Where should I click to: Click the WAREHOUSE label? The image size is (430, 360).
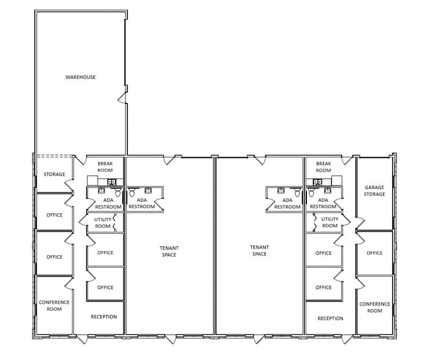[x=80, y=77]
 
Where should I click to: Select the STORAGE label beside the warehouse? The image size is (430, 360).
[x=54, y=174]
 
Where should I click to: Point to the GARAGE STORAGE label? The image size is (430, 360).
[x=374, y=190]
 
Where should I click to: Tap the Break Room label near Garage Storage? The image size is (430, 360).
[x=323, y=167]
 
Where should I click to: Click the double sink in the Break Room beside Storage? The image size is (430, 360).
[x=112, y=182]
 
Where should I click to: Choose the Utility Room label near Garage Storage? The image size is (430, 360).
[x=330, y=222]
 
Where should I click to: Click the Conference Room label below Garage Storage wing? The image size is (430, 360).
[x=374, y=307]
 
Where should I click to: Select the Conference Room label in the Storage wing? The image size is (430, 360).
[x=54, y=306]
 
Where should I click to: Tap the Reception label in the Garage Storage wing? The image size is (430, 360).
[x=330, y=318]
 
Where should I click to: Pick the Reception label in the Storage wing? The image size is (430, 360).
[x=104, y=317]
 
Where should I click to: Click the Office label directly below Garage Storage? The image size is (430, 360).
[x=374, y=253]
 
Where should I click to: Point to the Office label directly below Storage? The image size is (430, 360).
[x=54, y=215]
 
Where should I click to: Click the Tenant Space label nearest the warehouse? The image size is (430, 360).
[x=169, y=251]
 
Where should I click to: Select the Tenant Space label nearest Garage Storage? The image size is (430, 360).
[x=259, y=250]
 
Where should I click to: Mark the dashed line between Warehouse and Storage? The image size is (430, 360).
[x=54, y=156]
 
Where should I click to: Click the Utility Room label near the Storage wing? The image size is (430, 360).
[x=103, y=222]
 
